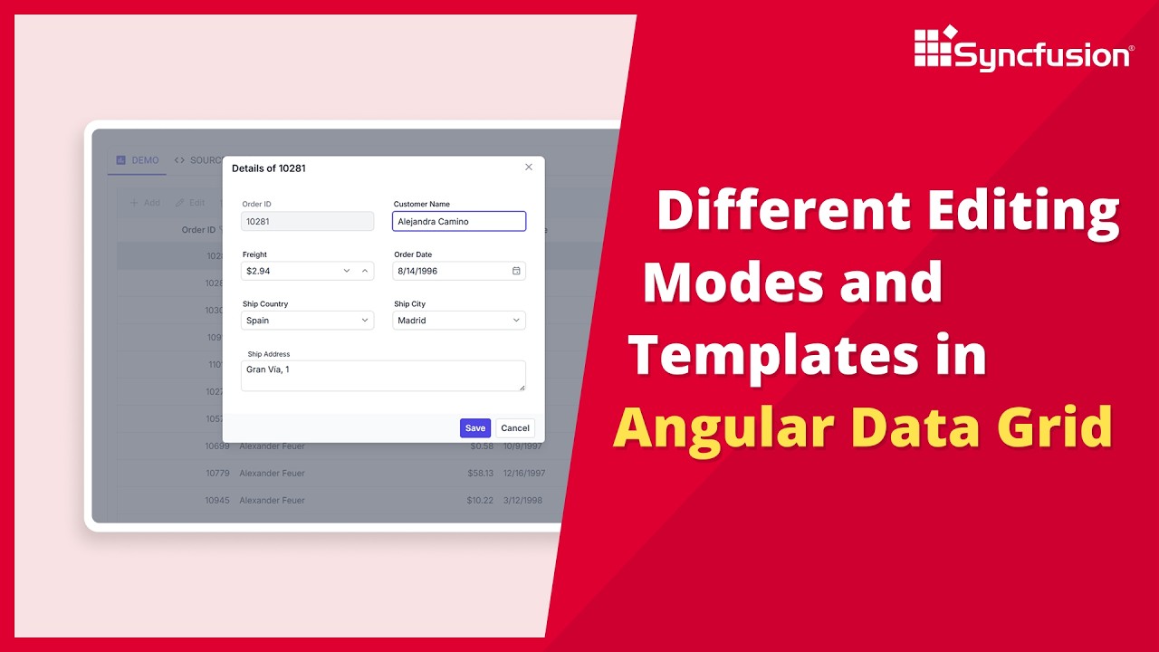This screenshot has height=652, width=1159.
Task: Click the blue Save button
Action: pos(475,428)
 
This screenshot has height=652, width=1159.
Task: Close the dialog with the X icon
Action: pos(529,168)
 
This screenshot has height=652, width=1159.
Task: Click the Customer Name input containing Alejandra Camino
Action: pos(459,221)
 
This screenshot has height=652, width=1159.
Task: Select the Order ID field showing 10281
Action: pos(308,221)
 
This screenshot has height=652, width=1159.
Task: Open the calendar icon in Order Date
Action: pos(516,271)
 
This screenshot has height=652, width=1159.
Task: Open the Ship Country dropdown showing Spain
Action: pos(308,321)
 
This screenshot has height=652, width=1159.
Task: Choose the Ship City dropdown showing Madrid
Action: pos(459,321)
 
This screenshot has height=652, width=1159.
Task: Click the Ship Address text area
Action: pos(383,376)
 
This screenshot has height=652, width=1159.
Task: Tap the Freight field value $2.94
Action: pos(290,271)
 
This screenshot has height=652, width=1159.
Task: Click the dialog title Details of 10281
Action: pos(269,168)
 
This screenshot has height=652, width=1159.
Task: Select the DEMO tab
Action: pos(138,160)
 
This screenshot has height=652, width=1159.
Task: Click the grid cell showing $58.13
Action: pos(480,473)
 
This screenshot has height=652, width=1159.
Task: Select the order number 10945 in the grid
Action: pos(217,500)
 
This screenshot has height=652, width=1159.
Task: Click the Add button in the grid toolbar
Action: pos(145,203)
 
